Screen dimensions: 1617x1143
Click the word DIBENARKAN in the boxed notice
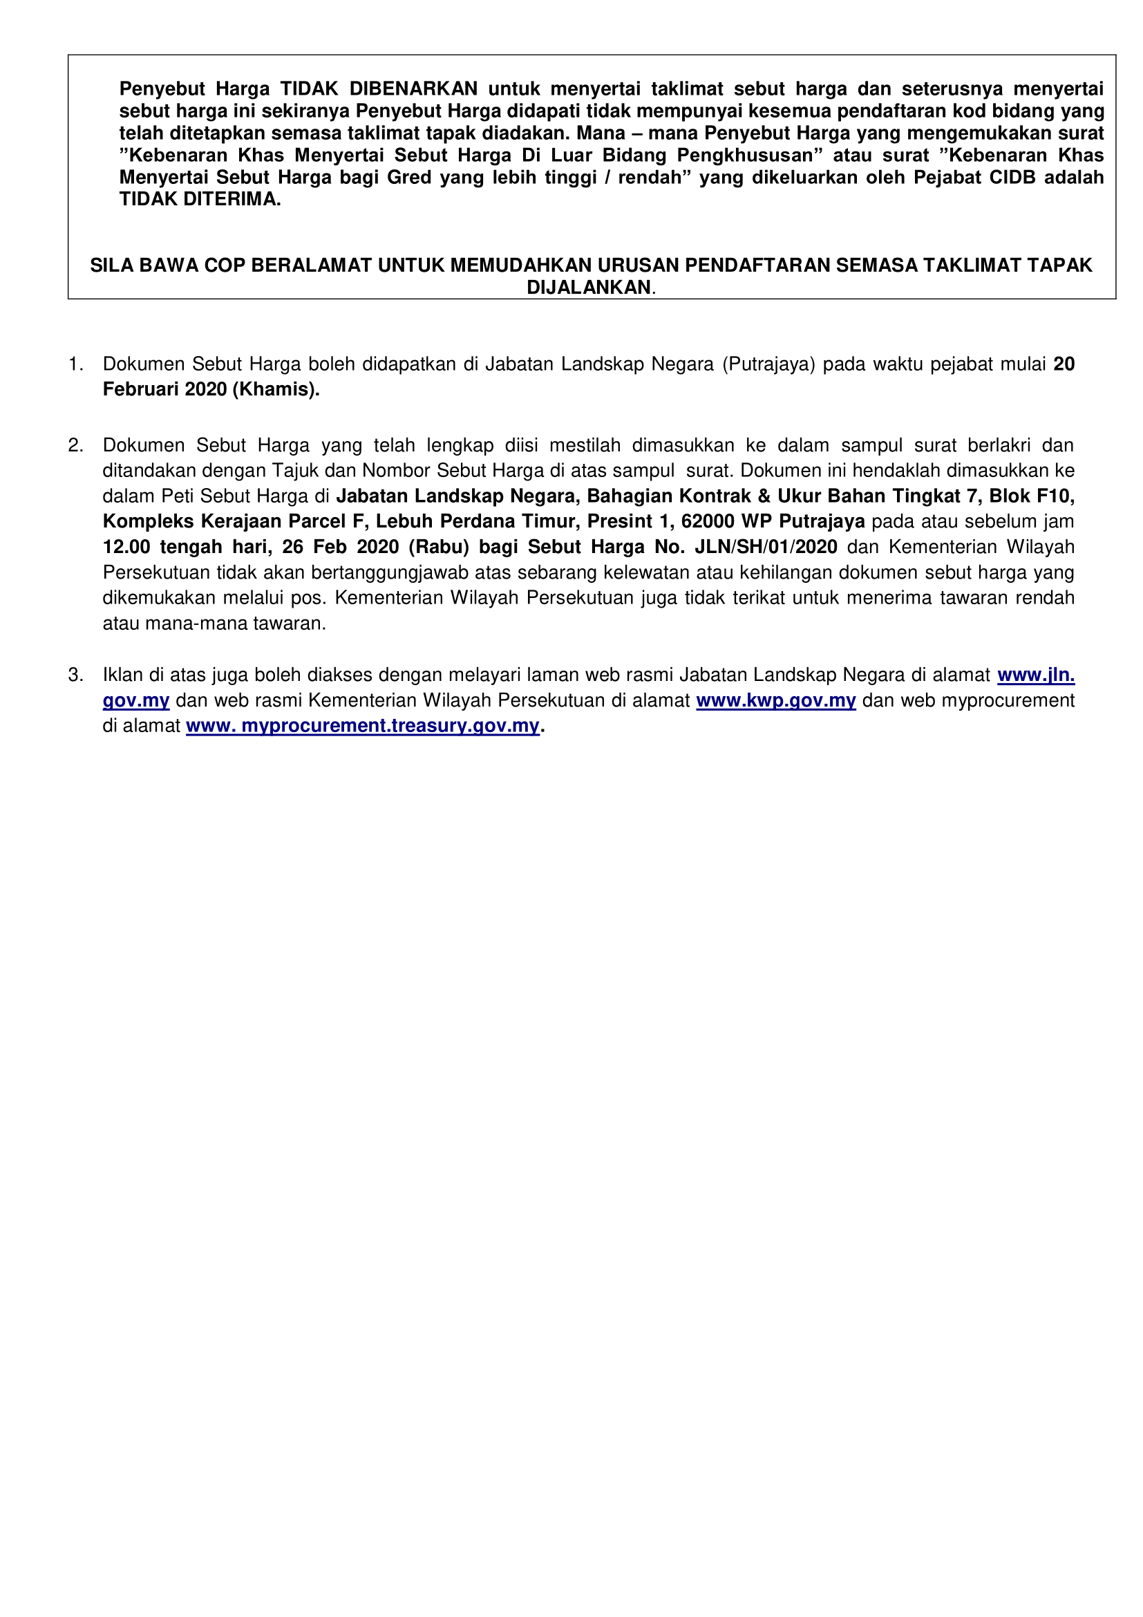(414, 88)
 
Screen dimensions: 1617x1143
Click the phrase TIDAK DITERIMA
(200, 199)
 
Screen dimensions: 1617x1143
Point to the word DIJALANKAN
(589, 288)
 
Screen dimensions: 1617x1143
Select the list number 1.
(75, 364)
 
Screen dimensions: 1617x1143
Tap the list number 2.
(75, 445)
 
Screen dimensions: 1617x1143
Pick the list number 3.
(75, 675)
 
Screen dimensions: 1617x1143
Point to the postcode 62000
(708, 521)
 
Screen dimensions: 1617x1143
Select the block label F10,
(1056, 496)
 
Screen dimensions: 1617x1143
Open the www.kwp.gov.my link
(775, 700)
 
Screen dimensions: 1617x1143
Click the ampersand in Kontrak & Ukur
(764, 496)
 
